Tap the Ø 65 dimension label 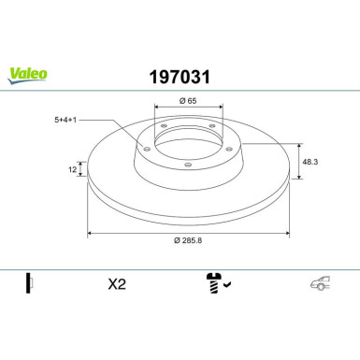[187, 100]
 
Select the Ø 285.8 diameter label [187, 241]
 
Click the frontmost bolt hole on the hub [187, 165]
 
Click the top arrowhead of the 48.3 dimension [300, 145]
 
